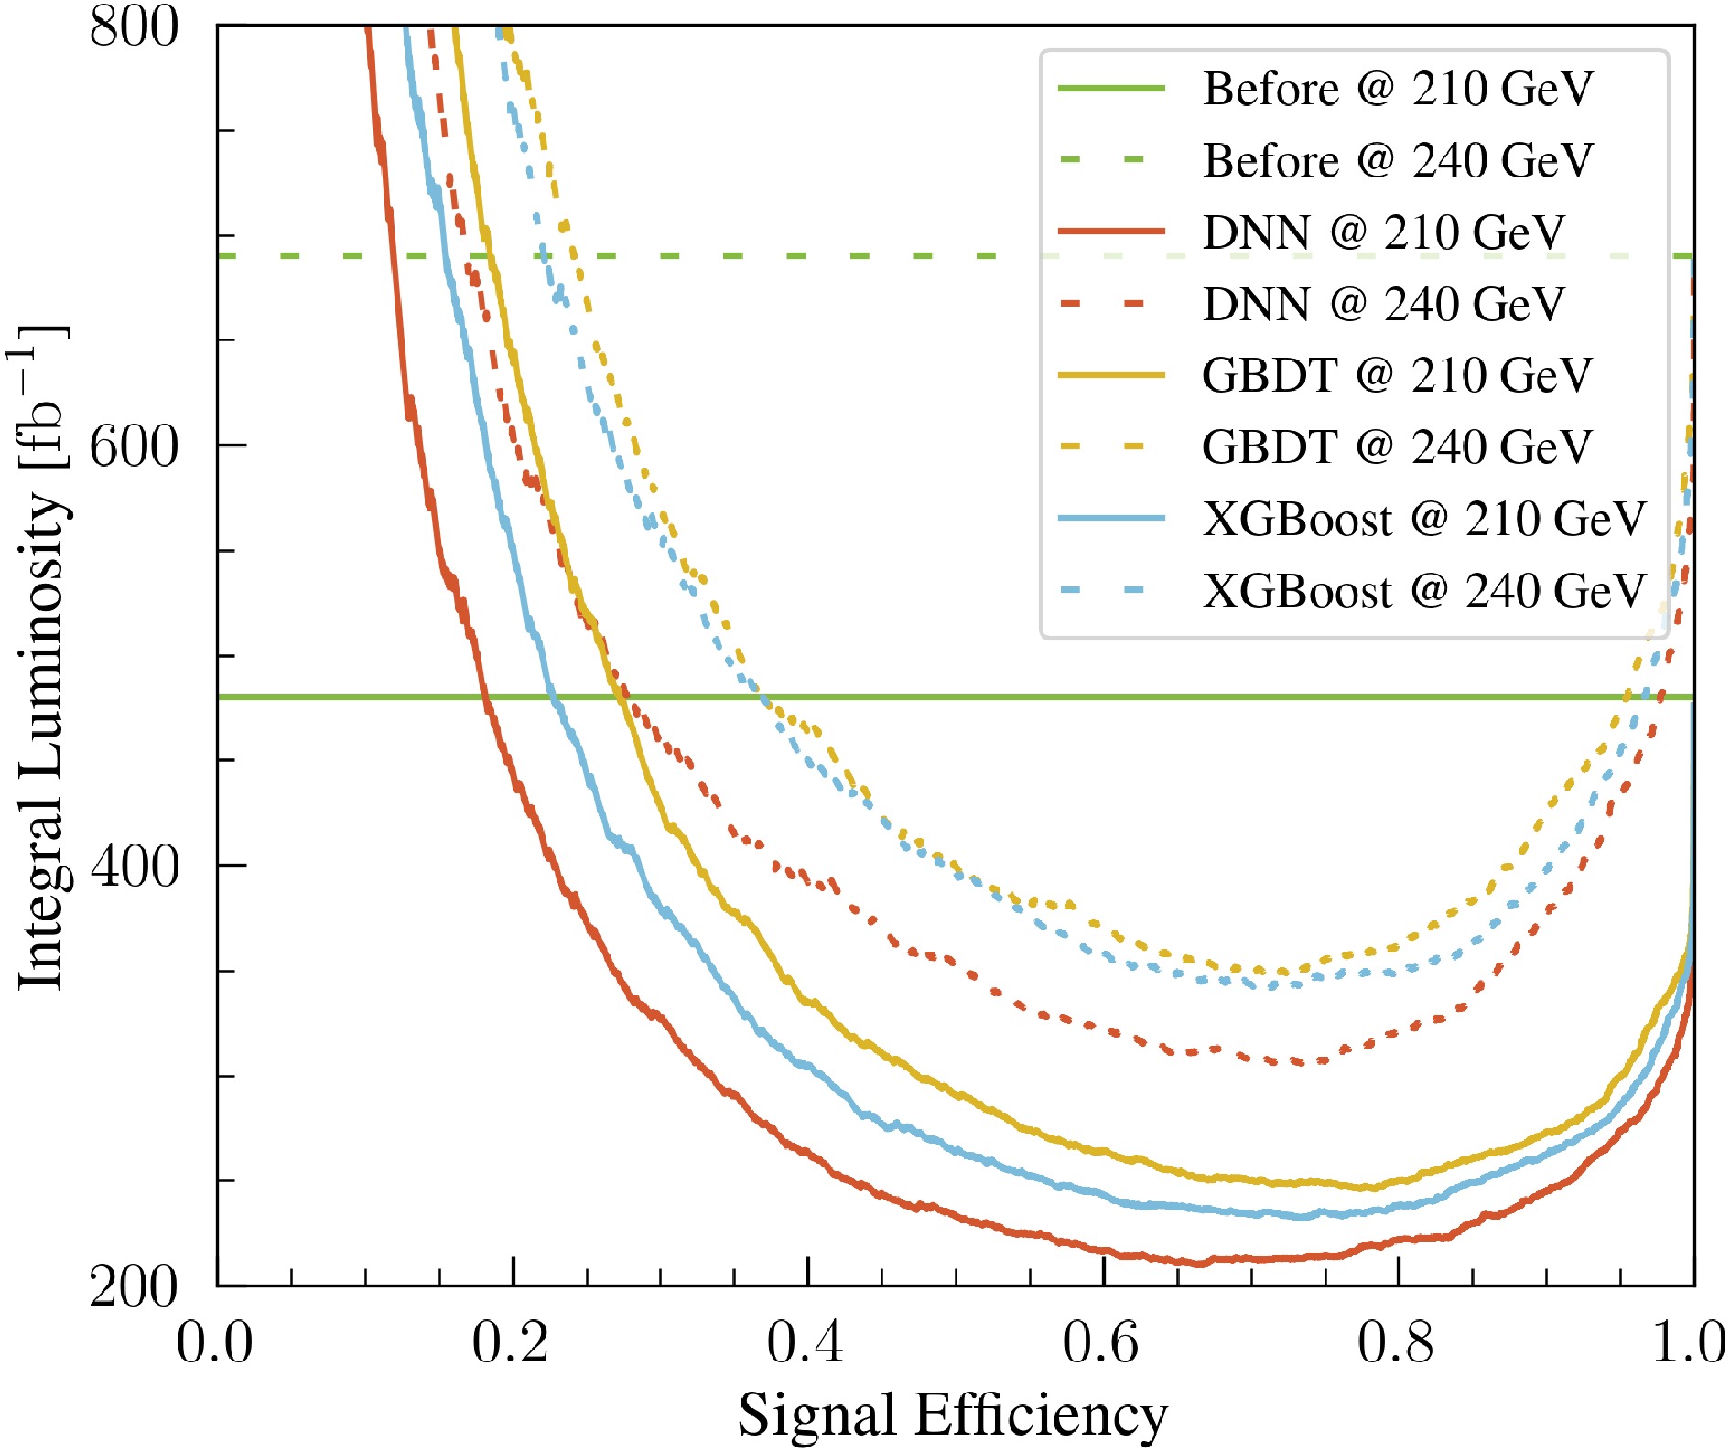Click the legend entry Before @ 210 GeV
point(1397,89)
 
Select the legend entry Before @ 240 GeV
point(1397,161)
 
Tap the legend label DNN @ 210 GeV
point(1383,232)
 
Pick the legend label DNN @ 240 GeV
point(1383,305)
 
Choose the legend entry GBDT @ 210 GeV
point(1397,375)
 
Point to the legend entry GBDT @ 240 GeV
point(1397,447)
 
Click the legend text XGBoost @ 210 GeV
point(1423,520)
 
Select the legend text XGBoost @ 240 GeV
point(1423,591)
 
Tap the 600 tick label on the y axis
point(134,446)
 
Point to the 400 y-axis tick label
point(134,866)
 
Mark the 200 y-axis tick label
point(134,1286)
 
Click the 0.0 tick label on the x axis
point(215,1343)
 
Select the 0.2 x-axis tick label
point(511,1343)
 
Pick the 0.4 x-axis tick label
point(806,1343)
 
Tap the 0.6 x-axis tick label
point(1102,1343)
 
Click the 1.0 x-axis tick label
point(1690,1343)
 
